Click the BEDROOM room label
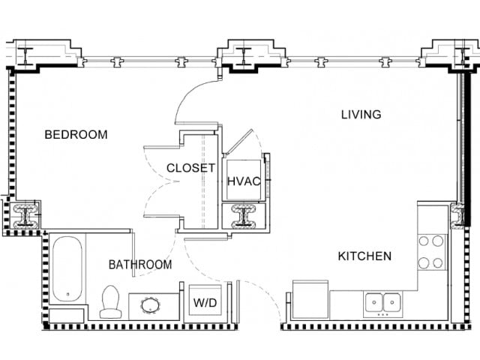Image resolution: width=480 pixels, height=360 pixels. pos(76,135)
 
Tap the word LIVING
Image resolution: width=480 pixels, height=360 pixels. pos(361,115)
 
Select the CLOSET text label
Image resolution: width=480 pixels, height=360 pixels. pos(190,168)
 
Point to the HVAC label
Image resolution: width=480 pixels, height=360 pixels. pos(242,181)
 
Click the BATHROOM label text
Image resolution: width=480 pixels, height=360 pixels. pos(139,265)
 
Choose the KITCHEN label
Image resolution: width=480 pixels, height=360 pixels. pos(364,256)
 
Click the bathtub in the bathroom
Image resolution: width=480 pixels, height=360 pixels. pos(67,270)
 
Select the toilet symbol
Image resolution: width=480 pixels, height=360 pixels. pos(111,302)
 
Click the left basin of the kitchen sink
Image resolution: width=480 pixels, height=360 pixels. pos(373,303)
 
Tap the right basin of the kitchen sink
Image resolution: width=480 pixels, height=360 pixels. pos(391,303)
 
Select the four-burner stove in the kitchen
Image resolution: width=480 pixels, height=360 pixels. pos(432,252)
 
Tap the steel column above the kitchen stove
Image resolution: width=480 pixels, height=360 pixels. pos(457,216)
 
